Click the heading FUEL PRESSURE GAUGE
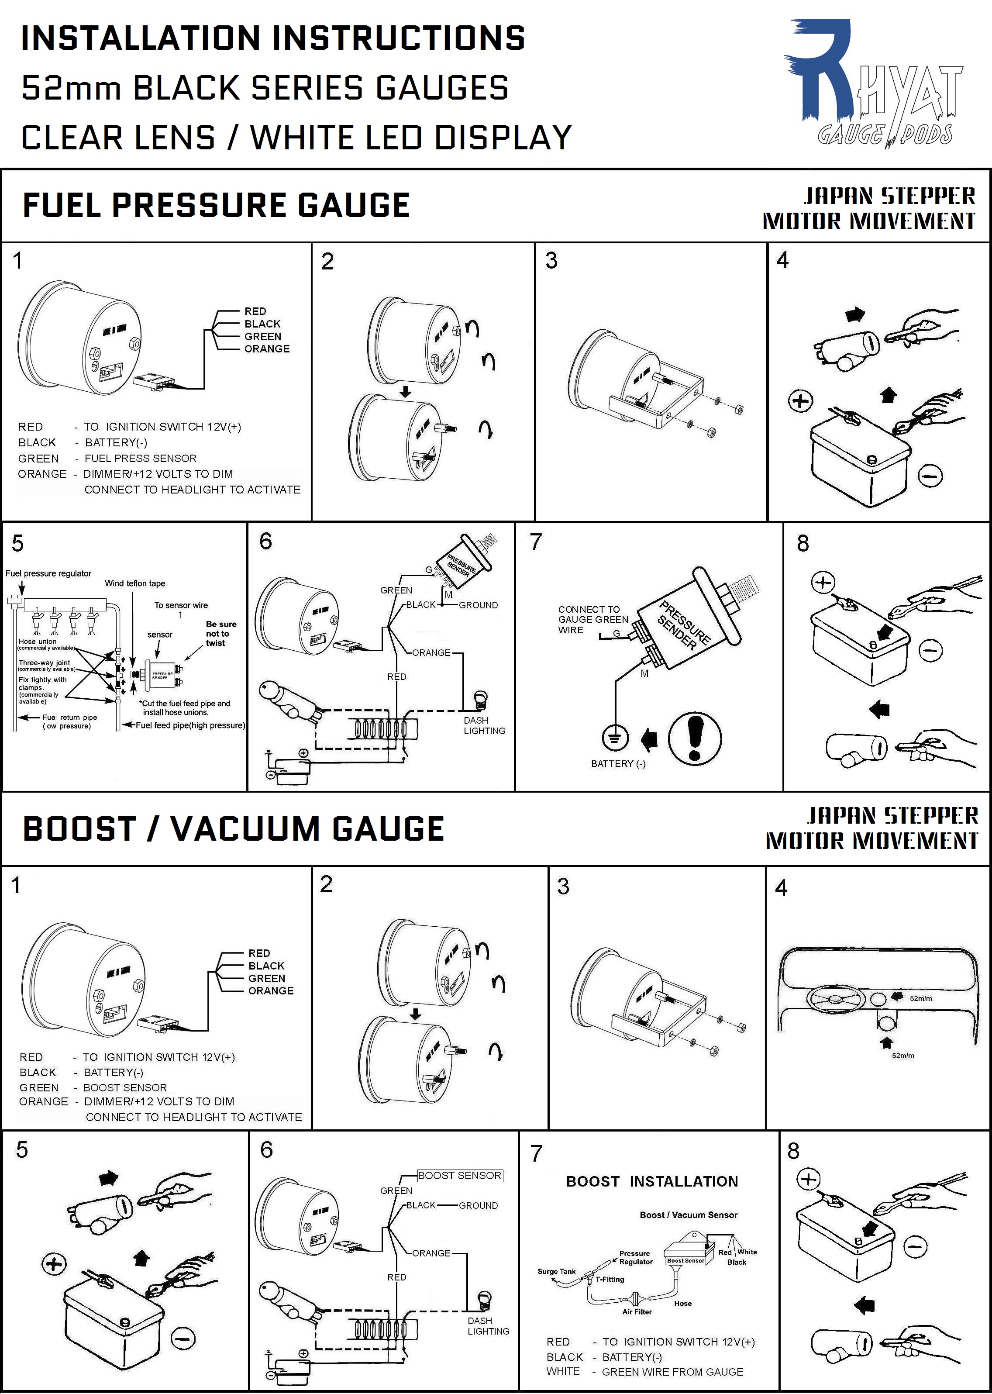coord(216,205)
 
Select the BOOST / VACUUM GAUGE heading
coord(233,828)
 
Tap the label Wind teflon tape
coord(134,583)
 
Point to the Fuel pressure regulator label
coord(48,573)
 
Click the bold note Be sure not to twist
coord(220,634)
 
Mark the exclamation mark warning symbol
coord(695,738)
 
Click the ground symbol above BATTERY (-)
coord(614,737)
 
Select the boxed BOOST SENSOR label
coord(459,1175)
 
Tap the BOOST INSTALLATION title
coord(652,1181)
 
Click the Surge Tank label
coord(557,1271)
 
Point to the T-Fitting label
coord(610,1279)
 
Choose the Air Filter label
coord(637,1311)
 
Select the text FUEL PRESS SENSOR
coord(141,458)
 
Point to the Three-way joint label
coord(44,663)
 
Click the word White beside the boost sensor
coord(747,1252)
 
